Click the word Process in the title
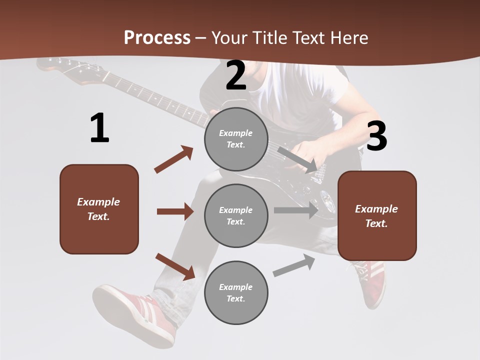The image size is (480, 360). tap(157, 37)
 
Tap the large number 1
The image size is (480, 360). tap(99, 128)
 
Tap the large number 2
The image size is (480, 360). tap(236, 75)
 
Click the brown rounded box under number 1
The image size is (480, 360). tap(99, 209)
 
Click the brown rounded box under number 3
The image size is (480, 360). tap(377, 215)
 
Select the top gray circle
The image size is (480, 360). tap(236, 139)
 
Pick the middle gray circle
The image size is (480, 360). tap(236, 215)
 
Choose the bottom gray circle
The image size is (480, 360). tap(236, 292)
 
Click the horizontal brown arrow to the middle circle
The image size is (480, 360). tap(175, 211)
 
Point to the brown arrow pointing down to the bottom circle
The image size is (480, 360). tap(175, 266)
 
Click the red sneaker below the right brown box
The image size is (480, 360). tap(372, 282)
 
